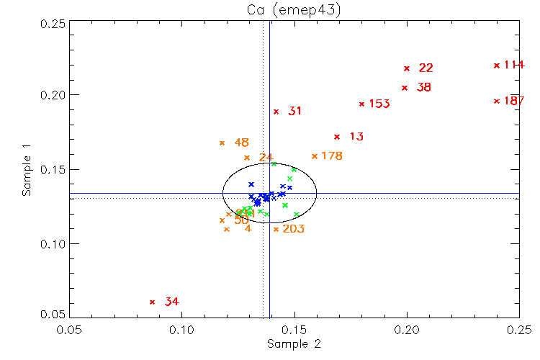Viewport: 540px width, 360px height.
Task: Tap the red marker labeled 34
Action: click(152, 302)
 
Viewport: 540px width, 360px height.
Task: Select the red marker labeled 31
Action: click(276, 112)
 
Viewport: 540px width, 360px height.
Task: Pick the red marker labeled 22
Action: click(407, 68)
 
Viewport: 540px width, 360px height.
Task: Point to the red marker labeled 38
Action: click(405, 88)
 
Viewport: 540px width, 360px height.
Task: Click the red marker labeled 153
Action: click(361, 104)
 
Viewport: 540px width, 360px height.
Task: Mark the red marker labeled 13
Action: click(336, 137)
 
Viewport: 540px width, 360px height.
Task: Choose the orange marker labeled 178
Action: click(314, 156)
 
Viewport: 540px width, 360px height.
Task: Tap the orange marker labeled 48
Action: click(222, 143)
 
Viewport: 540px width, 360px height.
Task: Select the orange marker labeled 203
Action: click(276, 230)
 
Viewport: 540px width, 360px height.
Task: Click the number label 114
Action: click(514, 65)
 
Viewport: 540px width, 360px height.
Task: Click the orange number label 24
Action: click(266, 157)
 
